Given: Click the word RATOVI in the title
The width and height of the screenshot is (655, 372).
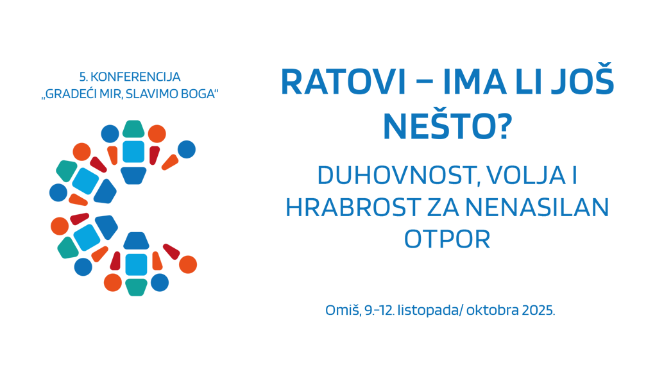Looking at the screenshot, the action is (343, 82).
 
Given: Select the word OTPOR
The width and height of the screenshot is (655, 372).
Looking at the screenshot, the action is (447, 239).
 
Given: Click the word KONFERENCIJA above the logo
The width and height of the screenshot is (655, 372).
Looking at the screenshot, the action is (135, 77).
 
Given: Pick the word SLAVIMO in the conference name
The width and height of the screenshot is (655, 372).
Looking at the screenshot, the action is (153, 94).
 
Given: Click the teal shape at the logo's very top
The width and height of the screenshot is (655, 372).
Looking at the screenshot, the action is (133, 128).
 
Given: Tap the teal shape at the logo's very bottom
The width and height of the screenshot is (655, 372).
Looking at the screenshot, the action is (136, 287).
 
